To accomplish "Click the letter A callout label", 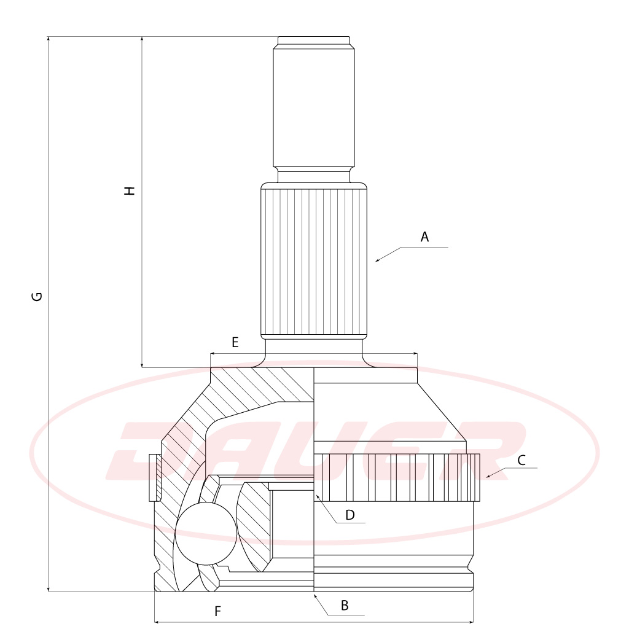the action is pos(424,237).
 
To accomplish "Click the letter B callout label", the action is pos(345,606).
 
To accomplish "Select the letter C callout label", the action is pos(522,460).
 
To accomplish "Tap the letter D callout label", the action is pos(350,515).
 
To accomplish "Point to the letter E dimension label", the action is pos(235,342).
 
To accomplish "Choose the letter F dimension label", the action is pos(218,611).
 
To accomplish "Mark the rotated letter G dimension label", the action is pos(36,297).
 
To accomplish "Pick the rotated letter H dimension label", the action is pos(129,190).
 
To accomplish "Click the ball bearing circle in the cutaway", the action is pos(206,534).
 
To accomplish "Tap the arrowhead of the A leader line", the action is pos(377,260).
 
